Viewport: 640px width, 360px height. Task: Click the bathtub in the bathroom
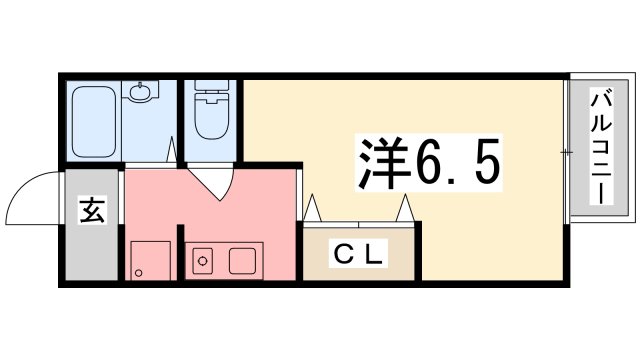(93, 122)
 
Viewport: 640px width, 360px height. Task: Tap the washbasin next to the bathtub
(139, 94)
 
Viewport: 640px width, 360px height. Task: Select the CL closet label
(358, 256)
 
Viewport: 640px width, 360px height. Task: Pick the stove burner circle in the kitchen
(203, 262)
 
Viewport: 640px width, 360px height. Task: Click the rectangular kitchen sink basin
(244, 261)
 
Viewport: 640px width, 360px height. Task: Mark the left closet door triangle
(312, 209)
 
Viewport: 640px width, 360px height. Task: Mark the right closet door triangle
(407, 209)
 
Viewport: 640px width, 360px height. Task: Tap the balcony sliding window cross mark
(567, 152)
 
